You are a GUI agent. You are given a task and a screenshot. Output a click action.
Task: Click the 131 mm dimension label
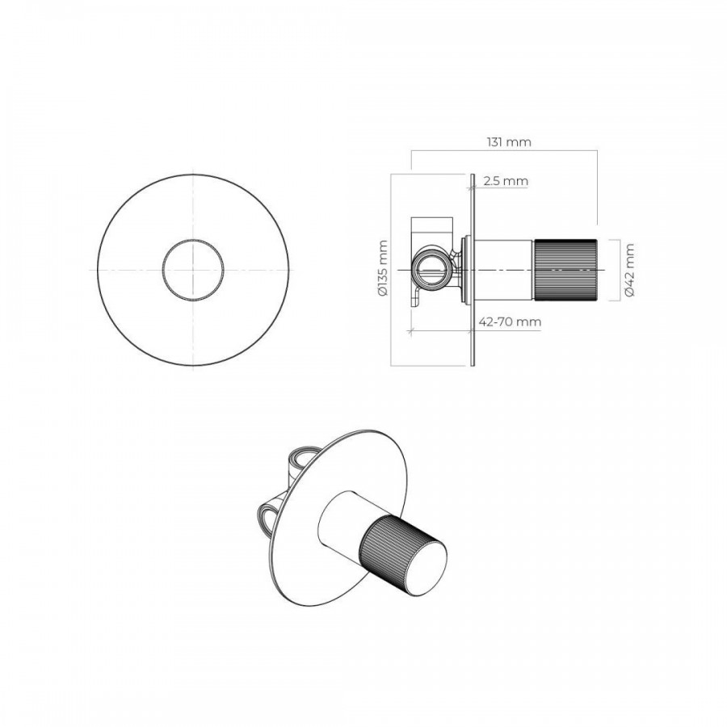click(509, 142)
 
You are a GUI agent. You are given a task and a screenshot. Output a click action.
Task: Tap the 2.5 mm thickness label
click(506, 181)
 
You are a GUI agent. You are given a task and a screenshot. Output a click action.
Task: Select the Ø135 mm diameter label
click(383, 268)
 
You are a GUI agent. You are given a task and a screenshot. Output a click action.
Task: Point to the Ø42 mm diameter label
click(629, 270)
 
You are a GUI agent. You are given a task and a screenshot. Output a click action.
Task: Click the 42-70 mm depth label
click(510, 321)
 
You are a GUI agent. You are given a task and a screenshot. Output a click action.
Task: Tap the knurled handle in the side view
click(565, 270)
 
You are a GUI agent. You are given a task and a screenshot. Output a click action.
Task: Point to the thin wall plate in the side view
click(473, 270)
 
